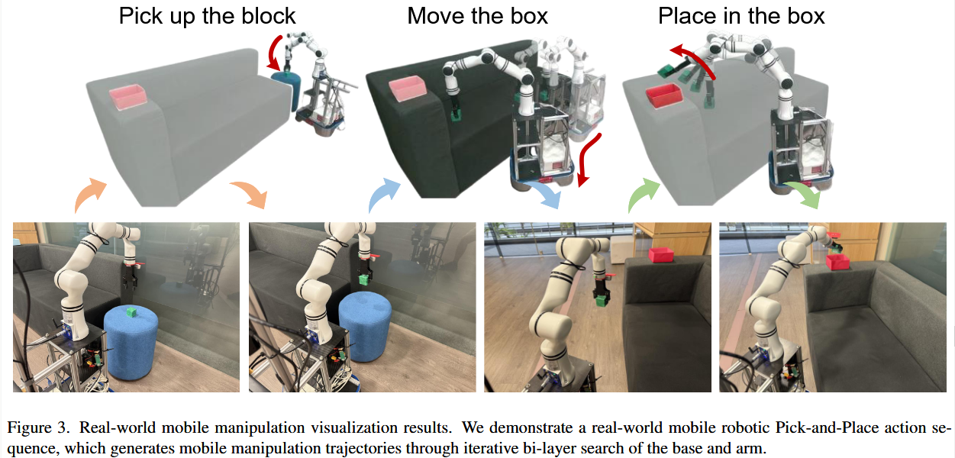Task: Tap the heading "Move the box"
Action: [477, 16]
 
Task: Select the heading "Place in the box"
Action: [741, 16]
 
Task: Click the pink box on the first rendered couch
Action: [127, 96]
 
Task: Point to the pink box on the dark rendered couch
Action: [408, 88]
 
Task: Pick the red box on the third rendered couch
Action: [663, 96]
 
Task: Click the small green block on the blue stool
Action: [131, 311]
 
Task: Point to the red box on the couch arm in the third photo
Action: [660, 255]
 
